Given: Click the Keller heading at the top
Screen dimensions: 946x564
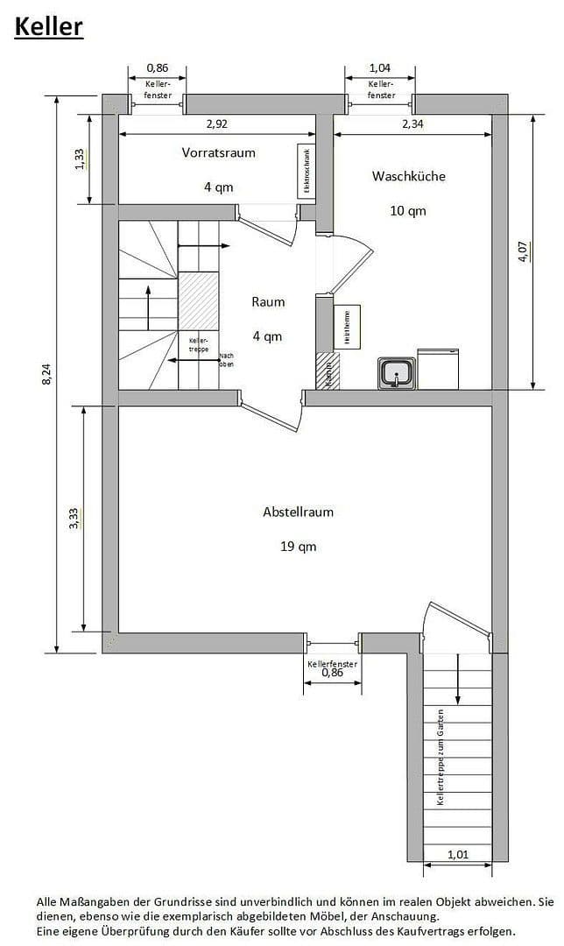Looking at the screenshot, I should tap(48, 26).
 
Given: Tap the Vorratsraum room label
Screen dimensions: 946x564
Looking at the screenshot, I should tap(219, 152).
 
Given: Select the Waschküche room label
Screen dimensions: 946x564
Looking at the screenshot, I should tap(409, 176).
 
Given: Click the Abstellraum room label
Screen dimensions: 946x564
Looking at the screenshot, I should tap(298, 512).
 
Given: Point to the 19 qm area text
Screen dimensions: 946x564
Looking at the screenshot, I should tap(298, 547).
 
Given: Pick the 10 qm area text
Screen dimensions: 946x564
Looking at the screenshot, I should tap(408, 210).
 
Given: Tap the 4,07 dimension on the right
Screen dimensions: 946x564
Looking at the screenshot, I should tap(523, 252).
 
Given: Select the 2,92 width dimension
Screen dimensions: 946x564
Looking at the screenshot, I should tap(216, 124).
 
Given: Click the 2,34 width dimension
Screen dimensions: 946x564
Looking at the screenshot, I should tap(412, 124).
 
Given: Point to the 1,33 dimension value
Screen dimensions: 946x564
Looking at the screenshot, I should tap(80, 159).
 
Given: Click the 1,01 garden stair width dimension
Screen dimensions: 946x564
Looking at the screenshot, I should tap(456, 855).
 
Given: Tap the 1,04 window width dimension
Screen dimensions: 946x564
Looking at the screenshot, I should tap(380, 67).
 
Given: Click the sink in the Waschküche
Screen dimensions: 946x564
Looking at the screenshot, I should tap(396, 373).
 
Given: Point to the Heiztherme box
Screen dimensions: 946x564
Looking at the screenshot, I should tap(347, 328).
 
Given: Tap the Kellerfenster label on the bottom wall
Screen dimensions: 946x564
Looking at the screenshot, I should tap(333, 664).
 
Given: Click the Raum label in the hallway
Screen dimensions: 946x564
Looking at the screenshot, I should tap(268, 302).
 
